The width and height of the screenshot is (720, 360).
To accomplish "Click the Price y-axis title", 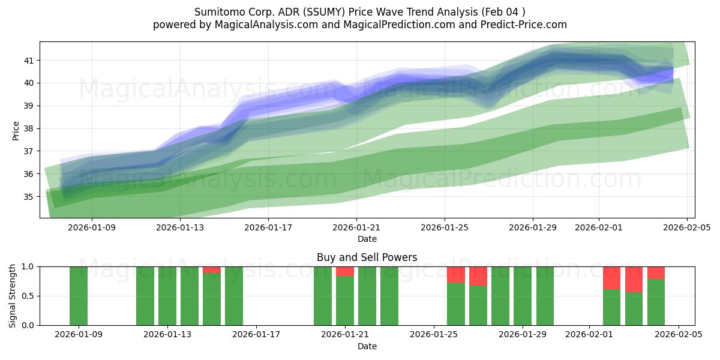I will click(16, 130).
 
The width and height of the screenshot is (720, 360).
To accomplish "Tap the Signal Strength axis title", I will click(13, 296).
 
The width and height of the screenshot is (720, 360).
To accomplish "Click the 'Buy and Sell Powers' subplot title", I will click(367, 257).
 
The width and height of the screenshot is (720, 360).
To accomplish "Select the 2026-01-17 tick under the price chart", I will click(268, 228).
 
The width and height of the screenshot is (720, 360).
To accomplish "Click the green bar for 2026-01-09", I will click(79, 296).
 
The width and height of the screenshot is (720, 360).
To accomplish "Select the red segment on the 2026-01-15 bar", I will click(212, 269).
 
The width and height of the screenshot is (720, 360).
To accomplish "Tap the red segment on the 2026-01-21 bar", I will click(345, 271).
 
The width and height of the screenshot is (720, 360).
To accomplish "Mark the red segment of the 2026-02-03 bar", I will click(634, 279).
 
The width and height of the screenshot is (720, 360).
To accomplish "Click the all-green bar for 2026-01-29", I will click(523, 296).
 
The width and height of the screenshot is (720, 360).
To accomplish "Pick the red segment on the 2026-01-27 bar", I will click(478, 276).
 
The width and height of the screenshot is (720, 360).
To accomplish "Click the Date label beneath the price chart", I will click(367, 239).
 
